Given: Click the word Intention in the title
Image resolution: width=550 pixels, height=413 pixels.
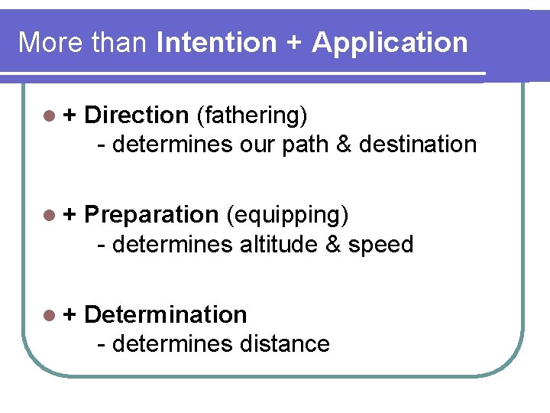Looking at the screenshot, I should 215,42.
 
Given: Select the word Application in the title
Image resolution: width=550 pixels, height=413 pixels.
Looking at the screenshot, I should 390,44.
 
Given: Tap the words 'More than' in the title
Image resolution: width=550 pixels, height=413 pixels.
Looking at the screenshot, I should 82,42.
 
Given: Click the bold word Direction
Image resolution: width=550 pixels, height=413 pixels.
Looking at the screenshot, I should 136,115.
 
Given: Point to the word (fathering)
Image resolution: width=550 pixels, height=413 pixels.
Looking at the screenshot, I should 252,116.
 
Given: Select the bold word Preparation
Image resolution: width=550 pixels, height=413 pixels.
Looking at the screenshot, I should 151,216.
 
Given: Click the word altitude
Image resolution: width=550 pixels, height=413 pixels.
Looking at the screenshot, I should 285,244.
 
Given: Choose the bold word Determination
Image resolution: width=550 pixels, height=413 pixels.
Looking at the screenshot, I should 165,314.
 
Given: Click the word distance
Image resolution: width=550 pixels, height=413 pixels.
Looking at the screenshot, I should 284,343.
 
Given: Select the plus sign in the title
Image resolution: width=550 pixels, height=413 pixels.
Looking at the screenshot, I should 293,44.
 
